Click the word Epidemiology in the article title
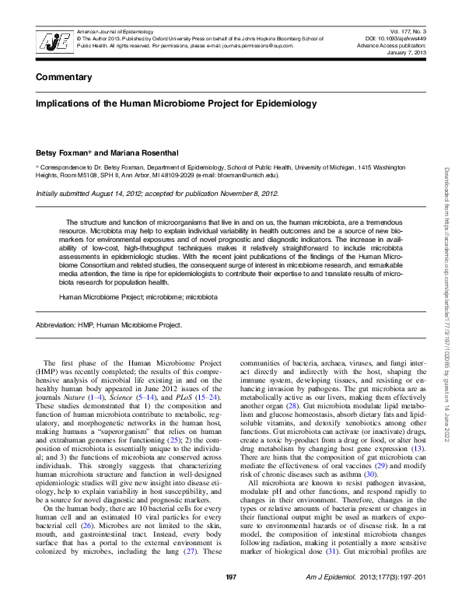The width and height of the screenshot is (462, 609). (282, 103)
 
